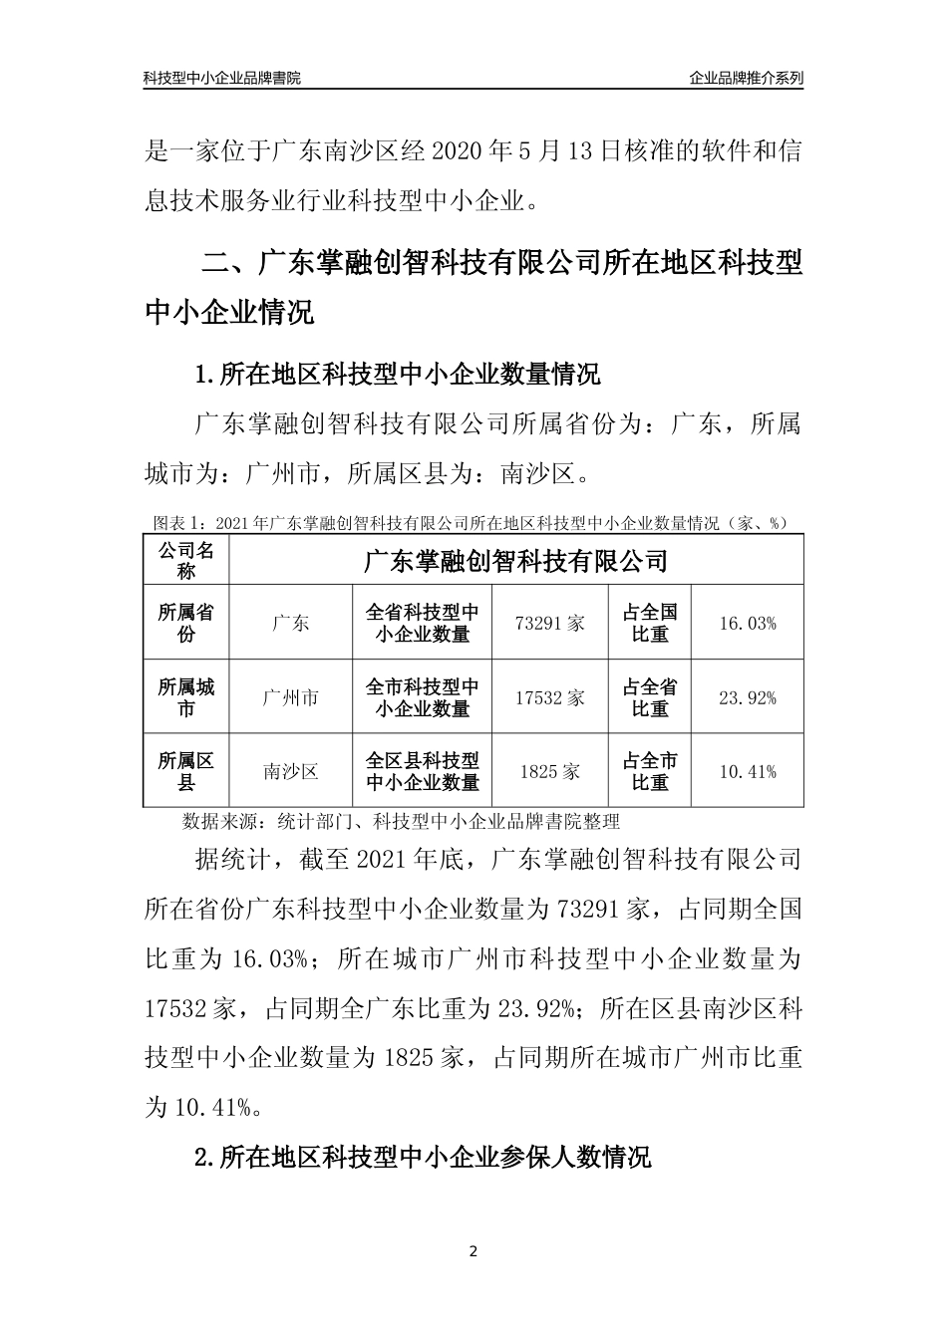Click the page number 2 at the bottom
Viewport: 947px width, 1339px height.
473,1251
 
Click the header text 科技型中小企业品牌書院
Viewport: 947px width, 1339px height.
221,78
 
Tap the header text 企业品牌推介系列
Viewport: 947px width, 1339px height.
746,78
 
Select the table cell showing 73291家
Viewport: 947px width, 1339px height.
549,623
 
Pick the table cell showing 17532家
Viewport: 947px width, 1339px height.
549,697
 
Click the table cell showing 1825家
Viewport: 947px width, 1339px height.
549,771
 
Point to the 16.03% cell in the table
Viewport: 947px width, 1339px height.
747,623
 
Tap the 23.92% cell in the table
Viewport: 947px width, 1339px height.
747,697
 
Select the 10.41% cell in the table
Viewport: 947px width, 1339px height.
747,771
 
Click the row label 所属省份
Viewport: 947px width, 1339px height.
186,623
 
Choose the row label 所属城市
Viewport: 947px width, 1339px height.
186,697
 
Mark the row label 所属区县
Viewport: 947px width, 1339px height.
186,771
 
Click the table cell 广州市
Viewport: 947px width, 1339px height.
290,697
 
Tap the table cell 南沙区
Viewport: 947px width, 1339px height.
290,771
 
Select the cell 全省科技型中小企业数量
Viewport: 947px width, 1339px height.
423,623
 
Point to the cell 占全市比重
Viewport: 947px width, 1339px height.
650,771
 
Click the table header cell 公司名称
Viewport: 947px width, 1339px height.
186,561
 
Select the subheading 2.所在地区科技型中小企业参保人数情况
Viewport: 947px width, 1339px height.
423,1157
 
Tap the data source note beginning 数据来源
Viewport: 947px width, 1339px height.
401,822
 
